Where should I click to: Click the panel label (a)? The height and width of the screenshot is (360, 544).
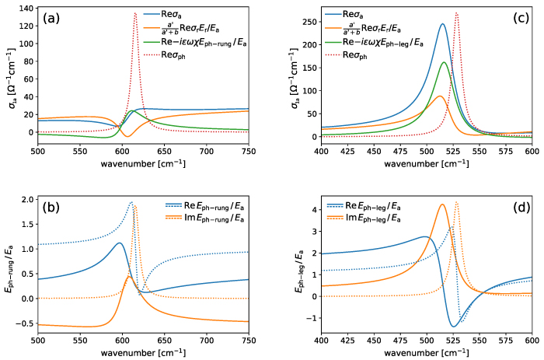point(54,18)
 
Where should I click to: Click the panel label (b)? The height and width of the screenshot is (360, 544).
point(54,208)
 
